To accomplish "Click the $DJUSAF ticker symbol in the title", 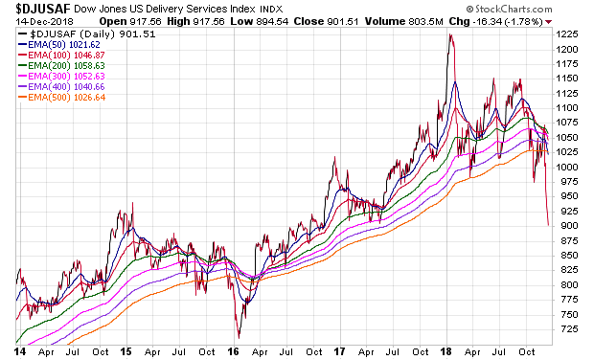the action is pos(43,9).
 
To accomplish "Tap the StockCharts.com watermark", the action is pos(509,9).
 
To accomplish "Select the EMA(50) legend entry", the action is pos(58,45).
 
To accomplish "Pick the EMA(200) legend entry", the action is pos(61,66).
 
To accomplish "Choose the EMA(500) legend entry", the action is pos(61,98).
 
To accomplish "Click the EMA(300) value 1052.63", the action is pos(89,77).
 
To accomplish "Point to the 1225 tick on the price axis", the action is pos(567,34).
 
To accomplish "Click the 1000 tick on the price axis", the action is pos(567,167).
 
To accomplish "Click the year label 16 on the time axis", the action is pos(234,351).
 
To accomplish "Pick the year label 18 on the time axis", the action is pos(446,351).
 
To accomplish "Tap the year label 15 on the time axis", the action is pos(126,351).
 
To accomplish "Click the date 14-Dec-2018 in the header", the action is pos(45,22).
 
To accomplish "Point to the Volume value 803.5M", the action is pos(425,22).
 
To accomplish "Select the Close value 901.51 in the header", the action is pos(343,22).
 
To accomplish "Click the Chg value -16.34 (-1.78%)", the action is pos(508,22).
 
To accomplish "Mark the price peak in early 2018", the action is pos(450,34).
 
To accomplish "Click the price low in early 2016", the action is pos(240,337).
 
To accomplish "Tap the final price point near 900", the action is pos(548,225).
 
